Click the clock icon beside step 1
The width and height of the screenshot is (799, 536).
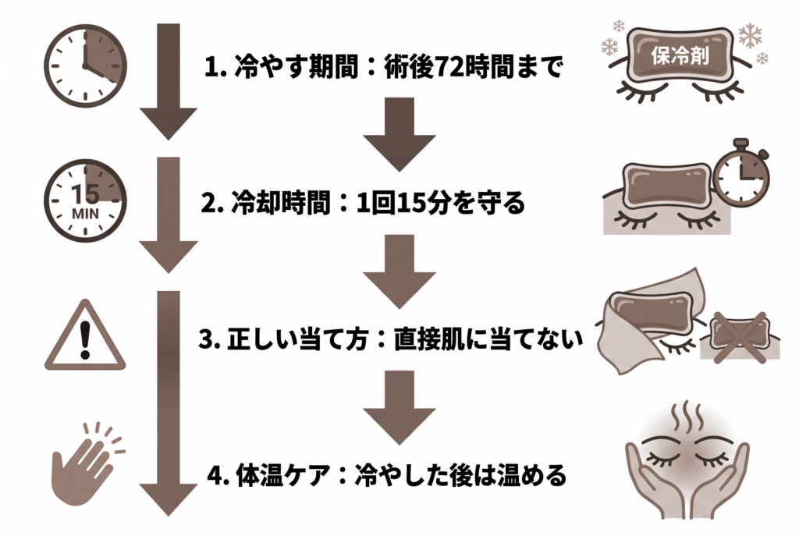coord(85,66)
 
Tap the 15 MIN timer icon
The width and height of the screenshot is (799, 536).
coord(85,201)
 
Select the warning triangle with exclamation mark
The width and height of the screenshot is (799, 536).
coord(85,335)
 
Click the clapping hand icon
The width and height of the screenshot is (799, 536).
coord(87,463)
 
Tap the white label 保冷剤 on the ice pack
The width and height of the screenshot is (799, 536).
coord(680,55)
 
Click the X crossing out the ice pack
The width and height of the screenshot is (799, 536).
coord(740,337)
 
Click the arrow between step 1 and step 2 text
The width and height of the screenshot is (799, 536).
coord(399,134)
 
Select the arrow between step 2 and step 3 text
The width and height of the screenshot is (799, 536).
coord(399,271)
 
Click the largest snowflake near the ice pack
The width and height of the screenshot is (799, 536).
coord(750,35)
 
